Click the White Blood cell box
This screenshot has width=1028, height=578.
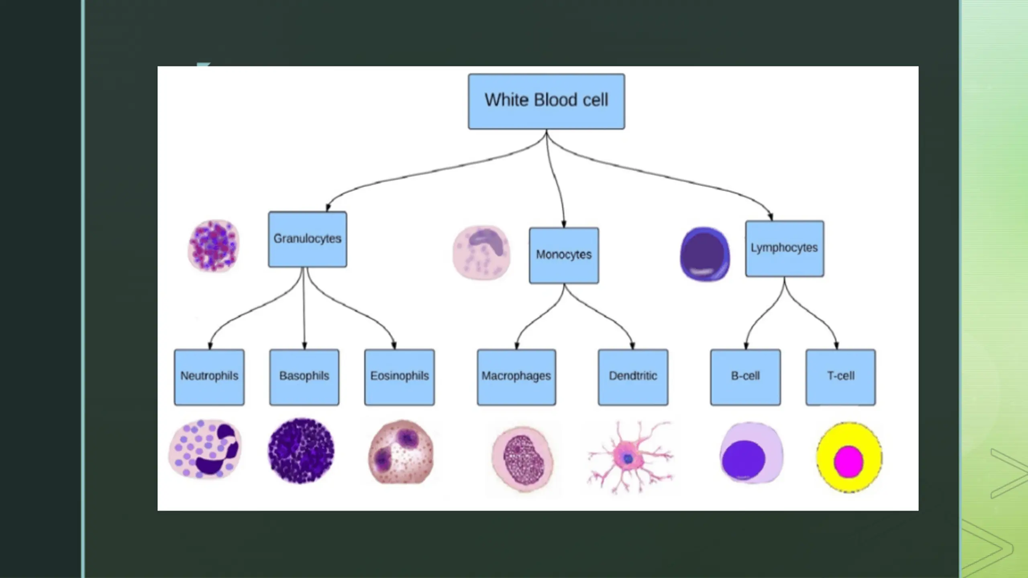tap(546, 101)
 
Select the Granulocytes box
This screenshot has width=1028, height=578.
tap(308, 239)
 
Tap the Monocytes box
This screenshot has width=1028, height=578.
tap(564, 256)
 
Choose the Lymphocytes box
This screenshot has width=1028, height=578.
tap(785, 248)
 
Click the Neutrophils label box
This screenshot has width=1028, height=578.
tap(209, 377)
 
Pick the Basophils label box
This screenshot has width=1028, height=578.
tap(304, 377)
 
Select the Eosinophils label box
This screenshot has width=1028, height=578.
tap(400, 377)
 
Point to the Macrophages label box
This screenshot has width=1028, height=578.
tap(516, 377)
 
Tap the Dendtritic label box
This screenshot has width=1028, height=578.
tap(633, 377)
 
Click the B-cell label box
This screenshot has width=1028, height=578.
tap(746, 377)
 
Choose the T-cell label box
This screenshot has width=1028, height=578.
tap(841, 377)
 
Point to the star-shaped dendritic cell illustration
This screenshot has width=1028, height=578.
tap(628, 458)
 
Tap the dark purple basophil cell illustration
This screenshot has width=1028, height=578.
tap(301, 450)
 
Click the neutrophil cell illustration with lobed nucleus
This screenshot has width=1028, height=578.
tap(206, 449)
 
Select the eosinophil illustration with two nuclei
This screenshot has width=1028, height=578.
tap(401, 452)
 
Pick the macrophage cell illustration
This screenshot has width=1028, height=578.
tap(522, 459)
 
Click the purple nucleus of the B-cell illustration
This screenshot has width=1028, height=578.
tap(744, 459)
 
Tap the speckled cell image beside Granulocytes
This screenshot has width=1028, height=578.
tap(214, 246)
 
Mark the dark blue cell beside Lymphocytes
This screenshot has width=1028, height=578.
tap(705, 254)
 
